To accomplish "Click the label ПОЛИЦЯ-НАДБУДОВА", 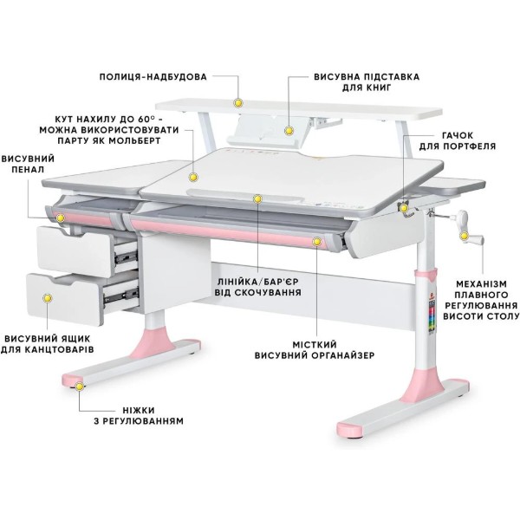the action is (153, 77).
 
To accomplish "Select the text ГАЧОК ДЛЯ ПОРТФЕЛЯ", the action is (458, 140).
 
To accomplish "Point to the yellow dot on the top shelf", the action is (237, 103).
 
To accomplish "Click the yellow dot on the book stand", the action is (289, 131).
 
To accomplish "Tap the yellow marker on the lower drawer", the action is (48, 298).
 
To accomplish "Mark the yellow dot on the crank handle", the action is (464, 236).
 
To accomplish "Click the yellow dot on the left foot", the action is (80, 387).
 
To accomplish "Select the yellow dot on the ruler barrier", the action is (257, 199).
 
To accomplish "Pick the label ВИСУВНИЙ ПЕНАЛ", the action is (28, 164).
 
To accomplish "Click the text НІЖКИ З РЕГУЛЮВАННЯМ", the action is (139, 416).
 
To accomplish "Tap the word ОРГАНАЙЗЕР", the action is (342, 355).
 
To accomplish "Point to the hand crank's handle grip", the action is (476, 239).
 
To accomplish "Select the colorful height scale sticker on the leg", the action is (432, 317).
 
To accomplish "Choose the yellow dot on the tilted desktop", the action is (193, 177).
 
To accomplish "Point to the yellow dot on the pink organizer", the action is (317, 242).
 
